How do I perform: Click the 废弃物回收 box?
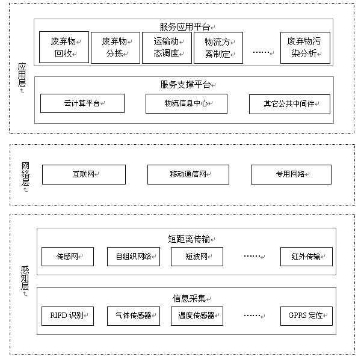click(x=64, y=47)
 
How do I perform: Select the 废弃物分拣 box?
click(x=116, y=47)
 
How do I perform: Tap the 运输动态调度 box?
click(x=167, y=47)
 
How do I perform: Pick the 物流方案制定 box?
click(x=218, y=47)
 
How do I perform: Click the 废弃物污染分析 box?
click(x=305, y=47)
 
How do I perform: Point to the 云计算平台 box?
click(x=82, y=103)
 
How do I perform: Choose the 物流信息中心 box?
click(x=187, y=103)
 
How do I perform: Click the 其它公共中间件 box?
click(x=289, y=104)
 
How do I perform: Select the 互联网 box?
click(x=84, y=174)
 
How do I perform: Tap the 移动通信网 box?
click(x=188, y=174)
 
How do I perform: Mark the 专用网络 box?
click(x=291, y=174)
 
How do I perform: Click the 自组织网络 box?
click(x=134, y=257)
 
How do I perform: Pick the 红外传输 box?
click(x=306, y=257)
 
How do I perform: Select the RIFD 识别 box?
click(x=67, y=316)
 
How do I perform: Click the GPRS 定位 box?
click(x=306, y=316)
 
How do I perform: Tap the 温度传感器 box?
click(x=197, y=316)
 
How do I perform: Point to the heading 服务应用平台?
click(x=185, y=27)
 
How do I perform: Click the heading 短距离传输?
click(x=189, y=239)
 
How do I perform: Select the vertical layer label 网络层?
click(x=25, y=174)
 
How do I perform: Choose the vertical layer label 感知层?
click(x=25, y=278)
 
